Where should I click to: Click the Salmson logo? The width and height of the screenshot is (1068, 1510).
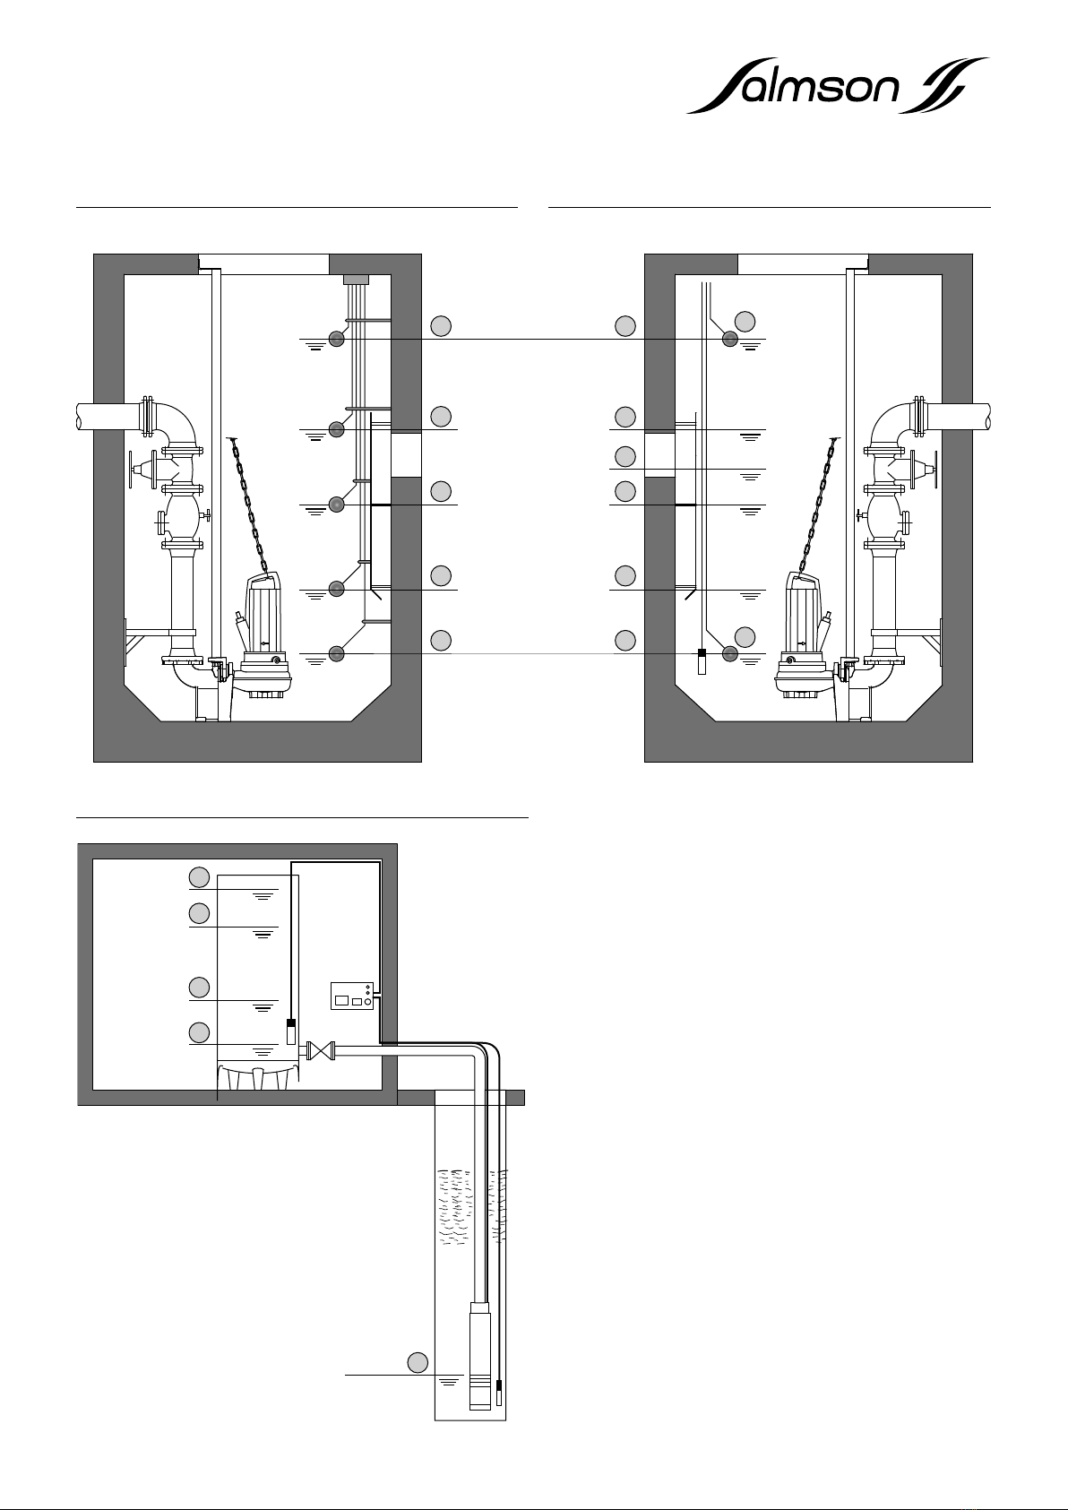point(837,86)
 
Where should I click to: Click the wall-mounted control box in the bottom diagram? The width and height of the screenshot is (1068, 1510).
point(351,996)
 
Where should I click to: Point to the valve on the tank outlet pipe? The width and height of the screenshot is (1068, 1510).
point(320,1050)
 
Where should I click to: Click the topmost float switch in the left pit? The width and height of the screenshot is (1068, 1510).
point(337,338)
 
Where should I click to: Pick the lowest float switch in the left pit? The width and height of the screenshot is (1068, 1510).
point(337,654)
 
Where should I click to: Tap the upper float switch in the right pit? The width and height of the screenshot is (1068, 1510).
point(730,338)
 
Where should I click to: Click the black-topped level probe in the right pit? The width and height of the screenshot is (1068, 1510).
point(702,661)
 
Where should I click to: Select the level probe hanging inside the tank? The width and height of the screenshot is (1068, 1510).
point(290,1031)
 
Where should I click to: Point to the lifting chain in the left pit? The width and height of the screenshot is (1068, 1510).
point(250,506)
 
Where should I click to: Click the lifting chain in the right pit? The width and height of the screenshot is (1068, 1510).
point(818,506)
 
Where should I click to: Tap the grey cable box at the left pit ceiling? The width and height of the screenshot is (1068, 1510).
point(356,280)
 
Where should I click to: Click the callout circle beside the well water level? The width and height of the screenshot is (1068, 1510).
point(418,1361)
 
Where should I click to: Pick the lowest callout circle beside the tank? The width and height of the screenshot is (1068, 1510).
point(200,1031)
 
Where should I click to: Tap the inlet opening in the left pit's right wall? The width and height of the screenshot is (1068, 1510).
point(407,453)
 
